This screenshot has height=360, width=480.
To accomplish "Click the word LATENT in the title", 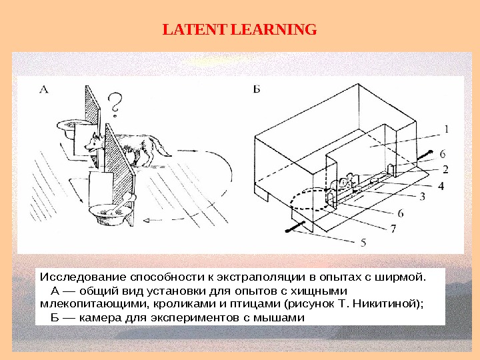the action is [193, 30].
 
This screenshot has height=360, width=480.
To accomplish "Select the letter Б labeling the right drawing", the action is [257, 89].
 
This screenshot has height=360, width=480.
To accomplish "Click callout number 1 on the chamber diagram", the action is [445, 129].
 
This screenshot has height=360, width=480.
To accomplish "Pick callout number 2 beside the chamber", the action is [445, 169].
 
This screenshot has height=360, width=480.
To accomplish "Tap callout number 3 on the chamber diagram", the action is [422, 196].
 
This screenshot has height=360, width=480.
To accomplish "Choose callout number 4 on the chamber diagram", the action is [441, 186].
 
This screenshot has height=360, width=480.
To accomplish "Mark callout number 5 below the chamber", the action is [363, 243].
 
